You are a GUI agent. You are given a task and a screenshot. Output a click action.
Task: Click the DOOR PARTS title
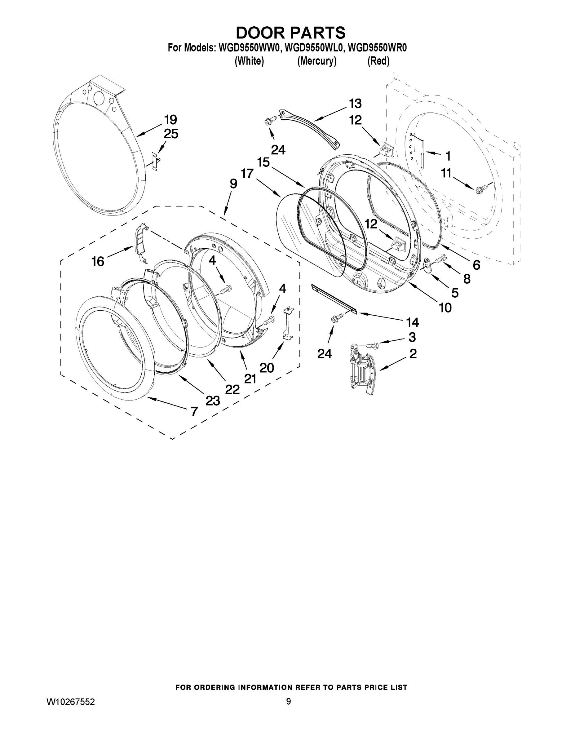(290, 33)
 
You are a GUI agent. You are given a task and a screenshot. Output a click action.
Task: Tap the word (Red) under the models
(378, 61)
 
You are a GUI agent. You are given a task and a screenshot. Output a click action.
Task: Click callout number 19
(170, 120)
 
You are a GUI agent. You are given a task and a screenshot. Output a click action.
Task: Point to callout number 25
(171, 134)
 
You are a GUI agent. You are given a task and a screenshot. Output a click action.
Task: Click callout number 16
(98, 262)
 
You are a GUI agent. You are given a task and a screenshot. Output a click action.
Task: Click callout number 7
(194, 411)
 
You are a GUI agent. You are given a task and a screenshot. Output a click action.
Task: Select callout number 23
(213, 401)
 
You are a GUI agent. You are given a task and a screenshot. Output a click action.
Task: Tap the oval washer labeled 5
(426, 264)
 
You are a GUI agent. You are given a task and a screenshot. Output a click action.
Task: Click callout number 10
(445, 308)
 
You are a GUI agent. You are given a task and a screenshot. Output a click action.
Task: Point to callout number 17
(247, 174)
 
